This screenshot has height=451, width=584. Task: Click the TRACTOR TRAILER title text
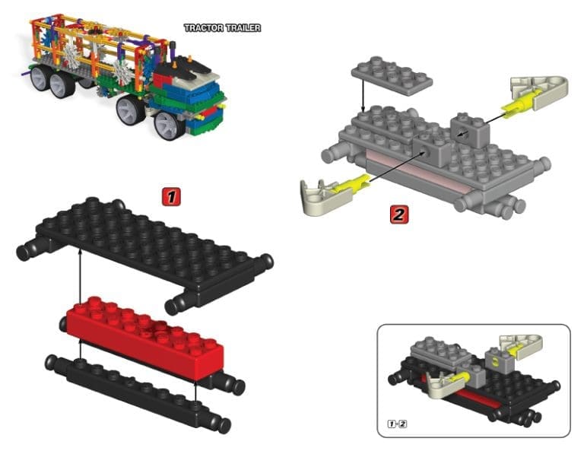coord(222,28)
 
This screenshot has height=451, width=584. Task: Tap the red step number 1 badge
coord(170,197)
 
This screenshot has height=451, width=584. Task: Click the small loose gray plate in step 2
coord(392,75)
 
